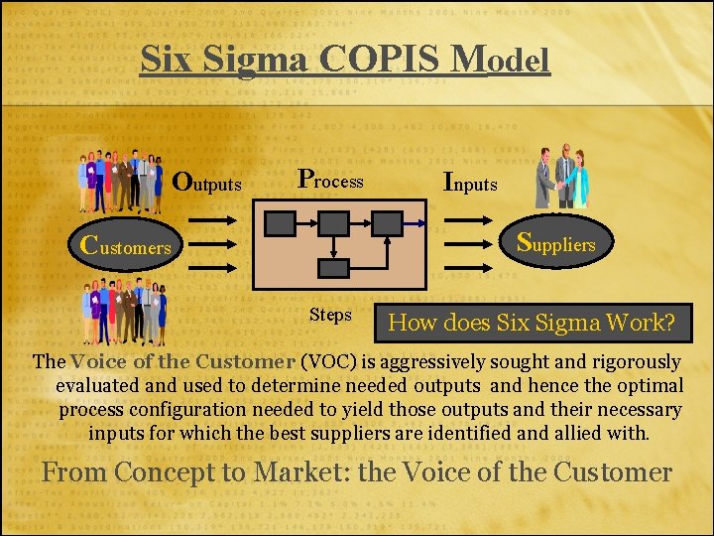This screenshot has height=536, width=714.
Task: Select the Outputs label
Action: click(207, 183)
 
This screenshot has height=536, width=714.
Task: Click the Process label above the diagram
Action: click(331, 181)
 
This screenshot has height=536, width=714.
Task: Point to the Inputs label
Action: click(470, 183)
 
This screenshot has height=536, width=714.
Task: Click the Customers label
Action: click(125, 245)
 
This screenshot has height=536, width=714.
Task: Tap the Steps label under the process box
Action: click(330, 315)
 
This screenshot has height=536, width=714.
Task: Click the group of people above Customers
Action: click(122, 182)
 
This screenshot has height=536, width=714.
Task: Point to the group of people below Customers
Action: click(125, 311)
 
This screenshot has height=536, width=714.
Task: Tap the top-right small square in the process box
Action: click(387, 222)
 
